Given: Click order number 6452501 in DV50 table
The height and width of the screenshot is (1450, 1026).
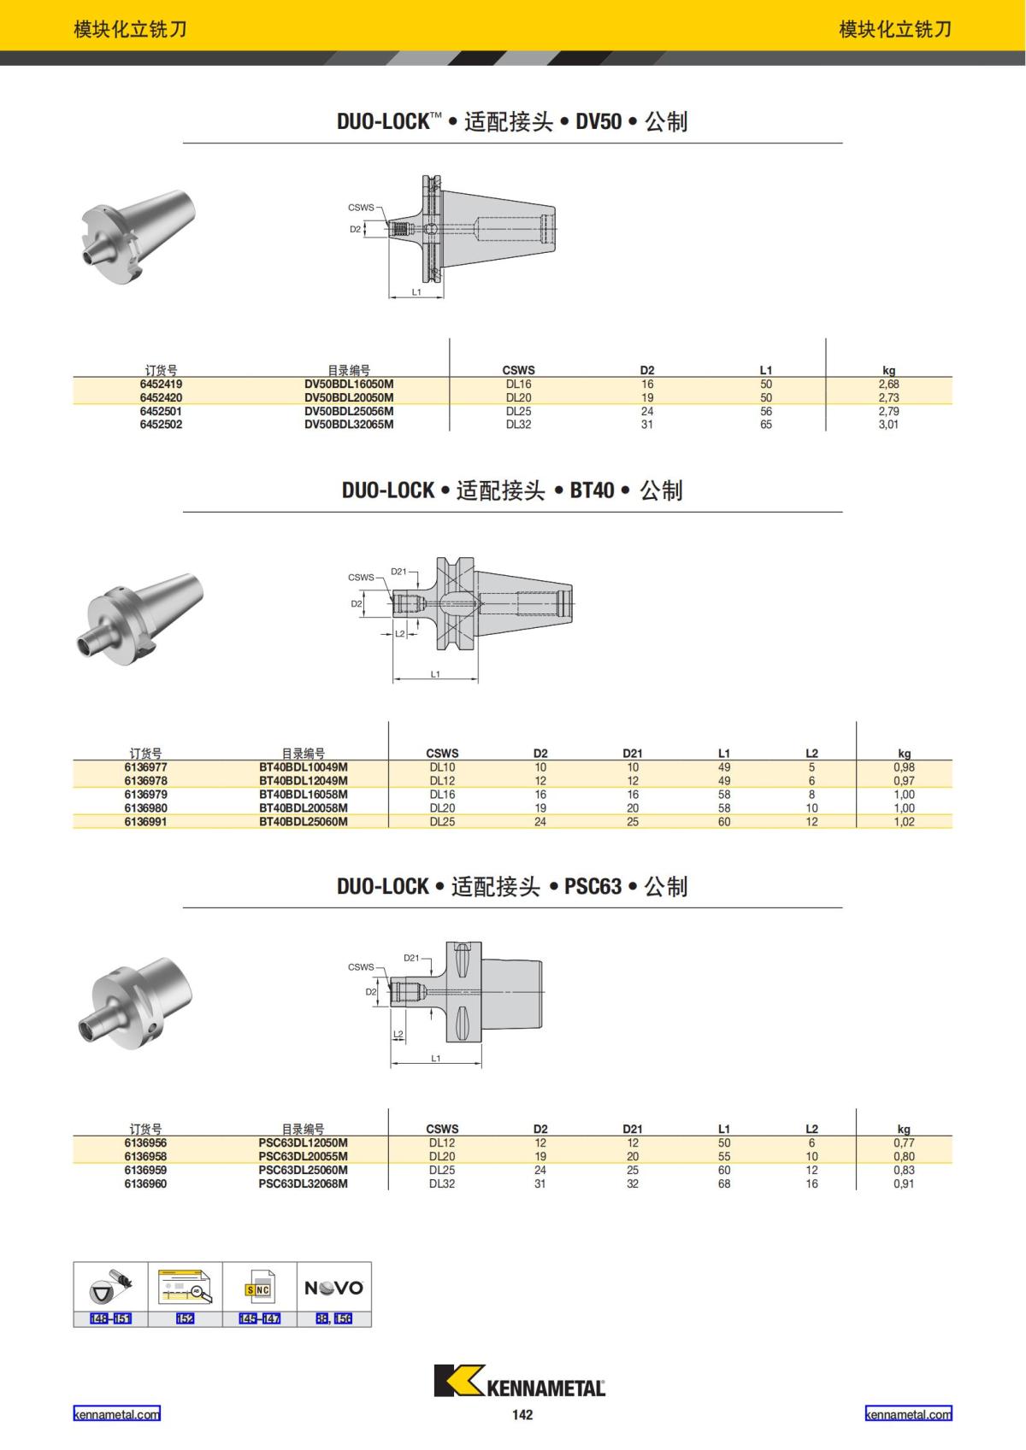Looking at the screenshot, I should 161,411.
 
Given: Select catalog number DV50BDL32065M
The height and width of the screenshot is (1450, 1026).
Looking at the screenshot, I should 349,425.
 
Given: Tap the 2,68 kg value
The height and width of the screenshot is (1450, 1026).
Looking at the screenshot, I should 888,384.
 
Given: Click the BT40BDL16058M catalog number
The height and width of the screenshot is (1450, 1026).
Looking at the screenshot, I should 304,795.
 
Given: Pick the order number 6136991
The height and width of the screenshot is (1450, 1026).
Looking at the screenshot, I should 145,822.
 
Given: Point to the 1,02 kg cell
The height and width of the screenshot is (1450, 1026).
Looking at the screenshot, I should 904,822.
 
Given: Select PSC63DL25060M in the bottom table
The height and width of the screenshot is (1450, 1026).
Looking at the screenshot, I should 304,1171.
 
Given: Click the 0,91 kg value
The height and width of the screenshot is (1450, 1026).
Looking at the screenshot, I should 904,1184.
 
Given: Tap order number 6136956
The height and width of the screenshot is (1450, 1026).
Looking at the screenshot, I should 145,1143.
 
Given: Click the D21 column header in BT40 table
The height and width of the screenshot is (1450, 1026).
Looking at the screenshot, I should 632,753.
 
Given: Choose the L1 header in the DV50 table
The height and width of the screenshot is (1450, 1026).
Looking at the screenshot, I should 765,370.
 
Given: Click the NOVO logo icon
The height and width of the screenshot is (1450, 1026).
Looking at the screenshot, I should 334,1288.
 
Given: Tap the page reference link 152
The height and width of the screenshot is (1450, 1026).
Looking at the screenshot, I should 186,1318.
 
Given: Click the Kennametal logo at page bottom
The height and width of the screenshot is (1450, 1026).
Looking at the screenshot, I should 519,1382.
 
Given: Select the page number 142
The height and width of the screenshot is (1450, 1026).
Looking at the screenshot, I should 522,1415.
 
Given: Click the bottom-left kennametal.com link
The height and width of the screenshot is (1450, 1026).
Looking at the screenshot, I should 116,1414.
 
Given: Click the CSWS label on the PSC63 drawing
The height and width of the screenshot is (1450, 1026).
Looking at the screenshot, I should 360,967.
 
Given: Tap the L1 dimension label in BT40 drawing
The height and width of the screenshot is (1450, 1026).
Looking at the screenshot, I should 435,674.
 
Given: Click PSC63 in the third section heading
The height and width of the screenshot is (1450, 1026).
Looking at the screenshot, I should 593,886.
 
